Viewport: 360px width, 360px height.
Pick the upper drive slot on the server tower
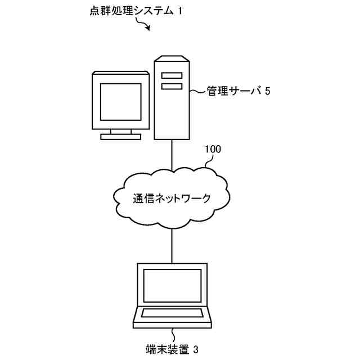172,75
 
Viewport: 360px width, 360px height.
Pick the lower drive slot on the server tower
172,86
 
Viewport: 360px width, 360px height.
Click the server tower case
172,112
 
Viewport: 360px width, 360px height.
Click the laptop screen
172,286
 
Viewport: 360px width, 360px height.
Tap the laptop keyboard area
172,313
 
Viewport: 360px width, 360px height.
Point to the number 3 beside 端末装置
195,349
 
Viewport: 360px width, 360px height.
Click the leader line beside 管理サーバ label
196,90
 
